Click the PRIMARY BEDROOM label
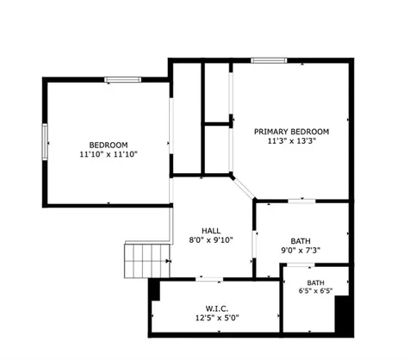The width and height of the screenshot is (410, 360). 291,132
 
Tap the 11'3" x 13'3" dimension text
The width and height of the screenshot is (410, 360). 292,141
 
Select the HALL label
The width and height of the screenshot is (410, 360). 211,231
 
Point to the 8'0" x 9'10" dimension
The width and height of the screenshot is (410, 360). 211,240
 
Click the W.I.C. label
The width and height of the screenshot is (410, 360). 217,309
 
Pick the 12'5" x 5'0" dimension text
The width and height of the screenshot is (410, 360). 217,318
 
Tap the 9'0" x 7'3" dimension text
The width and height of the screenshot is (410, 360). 301,251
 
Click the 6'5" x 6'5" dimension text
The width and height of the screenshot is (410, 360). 315,291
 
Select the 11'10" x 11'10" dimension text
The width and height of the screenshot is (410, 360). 109,154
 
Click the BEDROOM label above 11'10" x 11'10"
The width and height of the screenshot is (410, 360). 109,145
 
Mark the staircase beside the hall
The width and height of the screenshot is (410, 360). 147,261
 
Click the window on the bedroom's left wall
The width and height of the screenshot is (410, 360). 45,141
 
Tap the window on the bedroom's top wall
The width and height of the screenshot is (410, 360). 123,79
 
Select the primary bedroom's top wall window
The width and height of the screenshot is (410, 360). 269,60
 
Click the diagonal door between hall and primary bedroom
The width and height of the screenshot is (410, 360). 243,188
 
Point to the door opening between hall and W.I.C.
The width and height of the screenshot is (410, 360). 209,279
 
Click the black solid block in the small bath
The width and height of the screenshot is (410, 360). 344,316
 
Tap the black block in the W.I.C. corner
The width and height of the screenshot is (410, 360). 155,290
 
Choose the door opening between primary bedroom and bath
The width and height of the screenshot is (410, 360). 301,201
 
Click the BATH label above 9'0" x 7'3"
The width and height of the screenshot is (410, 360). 301,241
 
